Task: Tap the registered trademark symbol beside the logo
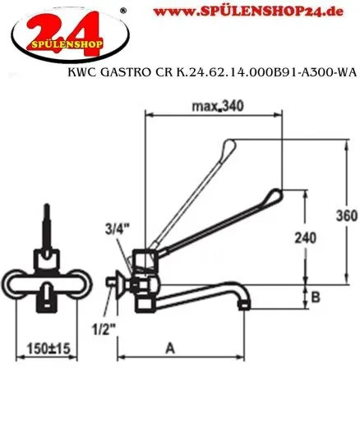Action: click(x=123, y=10)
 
